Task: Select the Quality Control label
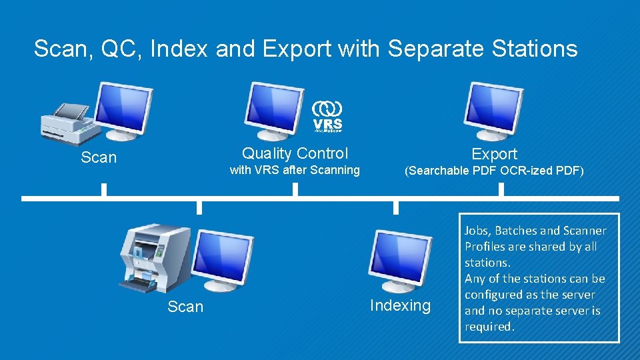tap(295, 153)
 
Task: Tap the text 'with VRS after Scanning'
tap(295, 170)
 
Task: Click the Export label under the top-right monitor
tap(494, 154)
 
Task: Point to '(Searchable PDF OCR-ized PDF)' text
tap(494, 171)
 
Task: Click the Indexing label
tap(400, 306)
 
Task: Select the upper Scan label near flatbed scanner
tap(98, 158)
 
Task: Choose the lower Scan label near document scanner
tap(185, 307)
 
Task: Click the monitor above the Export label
tap(493, 109)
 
